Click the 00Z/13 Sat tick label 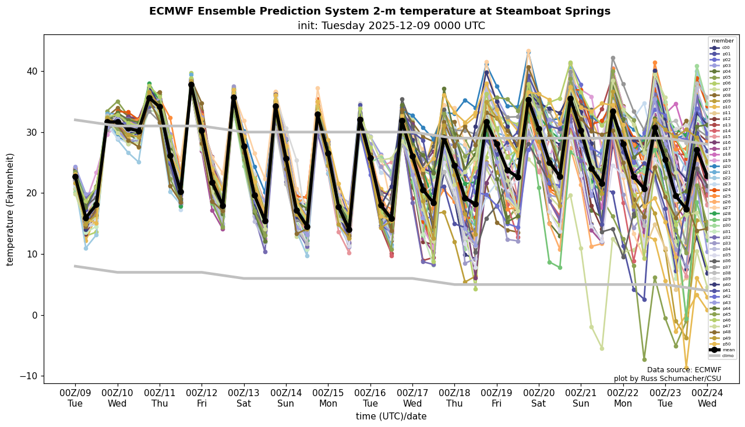[x=243, y=397]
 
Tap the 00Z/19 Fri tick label [x=496, y=397]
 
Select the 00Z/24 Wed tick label [x=707, y=397]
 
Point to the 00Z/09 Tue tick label [x=75, y=397]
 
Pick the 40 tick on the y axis [x=31, y=72]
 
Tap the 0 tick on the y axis [x=33, y=315]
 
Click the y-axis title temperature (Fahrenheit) [x=10, y=209]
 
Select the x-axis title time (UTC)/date [x=391, y=417]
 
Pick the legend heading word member [x=723, y=41]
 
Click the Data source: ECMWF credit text [x=684, y=370]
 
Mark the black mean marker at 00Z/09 [x=75, y=177]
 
